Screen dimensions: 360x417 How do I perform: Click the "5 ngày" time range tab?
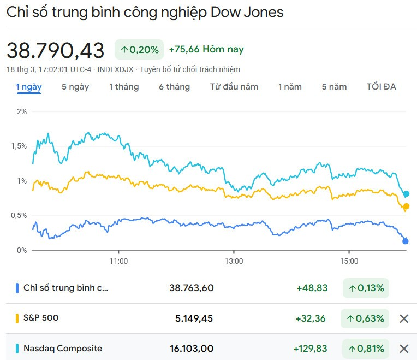[75, 87]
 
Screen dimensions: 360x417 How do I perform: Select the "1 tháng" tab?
[123, 87]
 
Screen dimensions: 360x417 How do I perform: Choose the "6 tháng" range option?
[174, 87]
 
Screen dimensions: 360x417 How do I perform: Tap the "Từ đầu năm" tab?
[234, 87]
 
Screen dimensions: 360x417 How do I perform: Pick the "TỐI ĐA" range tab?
[381, 87]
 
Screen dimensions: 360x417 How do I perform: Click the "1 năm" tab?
[289, 87]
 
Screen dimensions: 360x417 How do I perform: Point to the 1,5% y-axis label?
[19, 146]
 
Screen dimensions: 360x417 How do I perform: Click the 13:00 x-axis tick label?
[234, 262]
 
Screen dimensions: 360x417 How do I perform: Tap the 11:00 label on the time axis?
[118, 262]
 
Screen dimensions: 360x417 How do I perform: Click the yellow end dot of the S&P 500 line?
[406, 206]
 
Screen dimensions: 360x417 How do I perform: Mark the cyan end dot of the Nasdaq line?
[406, 194]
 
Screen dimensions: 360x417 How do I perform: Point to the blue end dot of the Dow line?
[406, 241]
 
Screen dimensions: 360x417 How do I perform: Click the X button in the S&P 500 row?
[404, 318]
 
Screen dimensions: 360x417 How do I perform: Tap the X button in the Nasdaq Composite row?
[404, 349]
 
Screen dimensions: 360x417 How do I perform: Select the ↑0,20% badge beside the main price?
[139, 50]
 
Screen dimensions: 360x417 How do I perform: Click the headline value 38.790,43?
[55, 51]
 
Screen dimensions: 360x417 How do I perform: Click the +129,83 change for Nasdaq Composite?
[310, 349]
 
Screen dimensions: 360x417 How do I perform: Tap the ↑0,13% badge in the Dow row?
[366, 288]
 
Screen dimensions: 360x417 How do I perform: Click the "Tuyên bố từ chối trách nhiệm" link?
[190, 69]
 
